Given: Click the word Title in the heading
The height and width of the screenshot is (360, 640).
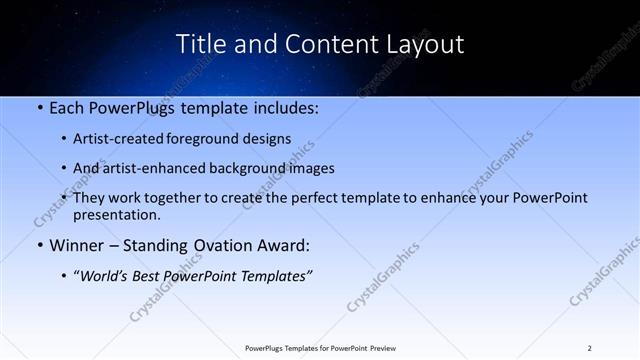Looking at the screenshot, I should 200,45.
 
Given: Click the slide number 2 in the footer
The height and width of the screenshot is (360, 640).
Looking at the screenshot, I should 589,348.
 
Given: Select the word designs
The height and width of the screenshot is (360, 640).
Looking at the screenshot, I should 264,138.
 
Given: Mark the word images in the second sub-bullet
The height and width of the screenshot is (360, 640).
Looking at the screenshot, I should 310,168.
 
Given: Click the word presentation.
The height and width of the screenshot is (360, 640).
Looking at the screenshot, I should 117,214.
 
